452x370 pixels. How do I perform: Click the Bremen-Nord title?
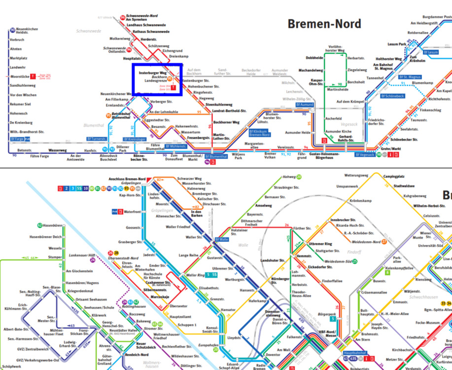pos(324,24)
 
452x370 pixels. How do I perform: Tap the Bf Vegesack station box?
pos(365,155)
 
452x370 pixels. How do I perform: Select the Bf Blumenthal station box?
pos(216,156)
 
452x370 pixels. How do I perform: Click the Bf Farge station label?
pos(17,139)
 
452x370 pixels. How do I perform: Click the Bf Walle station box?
pos(222,239)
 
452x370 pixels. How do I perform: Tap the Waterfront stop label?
pos(132,212)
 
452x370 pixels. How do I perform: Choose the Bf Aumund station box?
pos(305,105)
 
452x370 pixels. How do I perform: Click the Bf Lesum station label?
pos(430,52)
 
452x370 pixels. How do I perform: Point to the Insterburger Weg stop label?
pos(153,73)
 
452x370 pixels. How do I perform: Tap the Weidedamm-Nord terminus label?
pos(366,242)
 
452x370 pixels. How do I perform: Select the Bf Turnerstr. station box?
pos(96,139)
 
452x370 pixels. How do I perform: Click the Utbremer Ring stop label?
pos(320,244)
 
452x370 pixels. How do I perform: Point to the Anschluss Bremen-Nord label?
pos(127,178)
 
